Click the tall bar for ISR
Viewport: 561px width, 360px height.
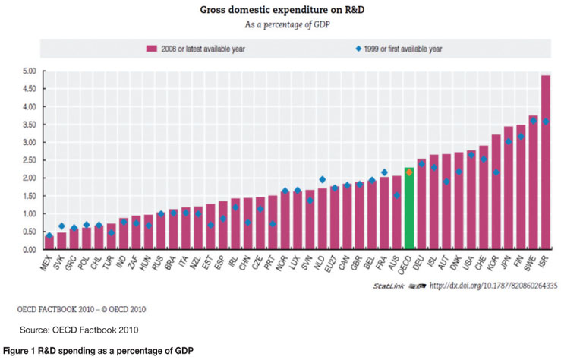[x=545, y=163]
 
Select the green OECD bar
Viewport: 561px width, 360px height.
[x=408, y=209]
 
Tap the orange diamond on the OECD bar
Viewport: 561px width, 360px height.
[x=408, y=172]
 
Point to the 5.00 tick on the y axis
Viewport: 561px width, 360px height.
[x=29, y=71]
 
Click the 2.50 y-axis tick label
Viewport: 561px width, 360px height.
[x=29, y=160]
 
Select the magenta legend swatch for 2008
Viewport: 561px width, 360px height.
[x=152, y=49]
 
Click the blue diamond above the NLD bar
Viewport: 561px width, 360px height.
[x=322, y=179]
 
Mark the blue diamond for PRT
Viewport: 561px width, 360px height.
[x=273, y=224]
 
